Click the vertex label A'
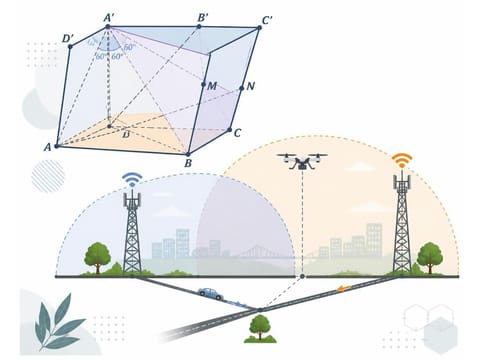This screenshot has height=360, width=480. click(x=109, y=18)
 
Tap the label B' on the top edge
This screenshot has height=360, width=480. click(x=203, y=18)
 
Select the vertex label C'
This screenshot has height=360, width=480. click(x=267, y=20)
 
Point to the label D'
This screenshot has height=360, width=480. click(x=68, y=39)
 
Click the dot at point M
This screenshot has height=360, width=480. click(x=203, y=85)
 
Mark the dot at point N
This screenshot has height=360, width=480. click(x=242, y=88)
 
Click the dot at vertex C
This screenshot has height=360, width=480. click(x=229, y=130)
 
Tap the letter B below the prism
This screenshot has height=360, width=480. click(x=188, y=163)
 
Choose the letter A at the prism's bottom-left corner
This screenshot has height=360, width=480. click(x=48, y=147)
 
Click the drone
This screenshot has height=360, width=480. click(x=302, y=161)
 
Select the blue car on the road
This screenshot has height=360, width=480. click(x=211, y=294)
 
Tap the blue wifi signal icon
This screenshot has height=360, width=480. click(x=132, y=179)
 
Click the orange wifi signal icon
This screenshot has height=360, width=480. click(x=402, y=160)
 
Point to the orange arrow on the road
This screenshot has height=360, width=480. click(x=343, y=288)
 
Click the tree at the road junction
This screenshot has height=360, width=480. click(x=260, y=329)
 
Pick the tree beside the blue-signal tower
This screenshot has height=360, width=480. click(x=97, y=258)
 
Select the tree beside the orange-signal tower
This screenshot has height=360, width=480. click(x=430, y=258)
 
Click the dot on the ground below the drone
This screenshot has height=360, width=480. click(x=302, y=276)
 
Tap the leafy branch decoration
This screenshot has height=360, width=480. click(x=59, y=321)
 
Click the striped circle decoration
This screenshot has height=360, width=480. click(x=48, y=176)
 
